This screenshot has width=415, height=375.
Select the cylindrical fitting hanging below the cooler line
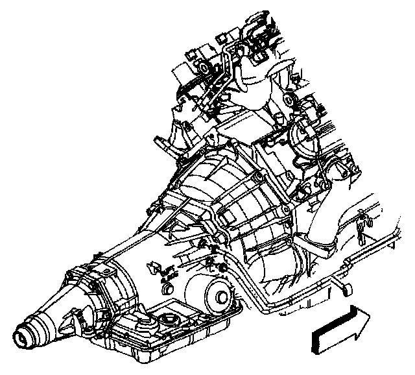pyautogui.click(x=344, y=287)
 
